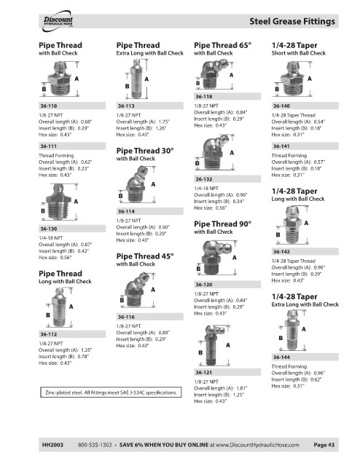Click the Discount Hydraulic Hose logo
pos(58,21)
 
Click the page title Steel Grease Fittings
pos(292,21)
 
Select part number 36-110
pos(49,106)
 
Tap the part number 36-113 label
pos(126,106)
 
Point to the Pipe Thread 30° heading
pos(145,151)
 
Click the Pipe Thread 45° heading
pos(145,256)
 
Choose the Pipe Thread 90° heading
pos(222,224)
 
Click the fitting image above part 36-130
pos(58,202)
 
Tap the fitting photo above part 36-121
pos(214,345)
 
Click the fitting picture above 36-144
pos(294,330)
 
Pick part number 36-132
pos(204,179)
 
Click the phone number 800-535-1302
pos(95,445)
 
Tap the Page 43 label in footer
pos(324,445)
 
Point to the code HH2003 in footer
pos(52,445)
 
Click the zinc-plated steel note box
pos(111,392)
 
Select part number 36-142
pos(281,252)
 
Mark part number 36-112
pos(49,334)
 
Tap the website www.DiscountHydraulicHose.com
pos(257,445)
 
